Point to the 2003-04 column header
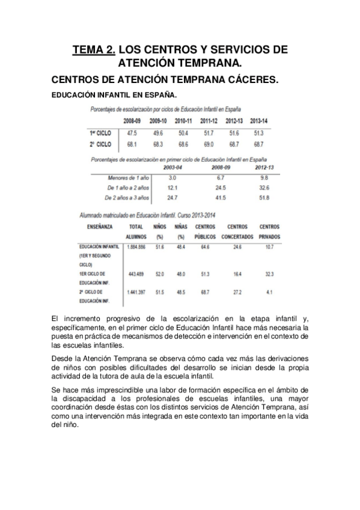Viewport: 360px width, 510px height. coord(172,168)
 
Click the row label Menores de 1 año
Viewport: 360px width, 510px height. coord(127,178)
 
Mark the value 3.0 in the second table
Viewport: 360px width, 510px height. coord(172,178)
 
